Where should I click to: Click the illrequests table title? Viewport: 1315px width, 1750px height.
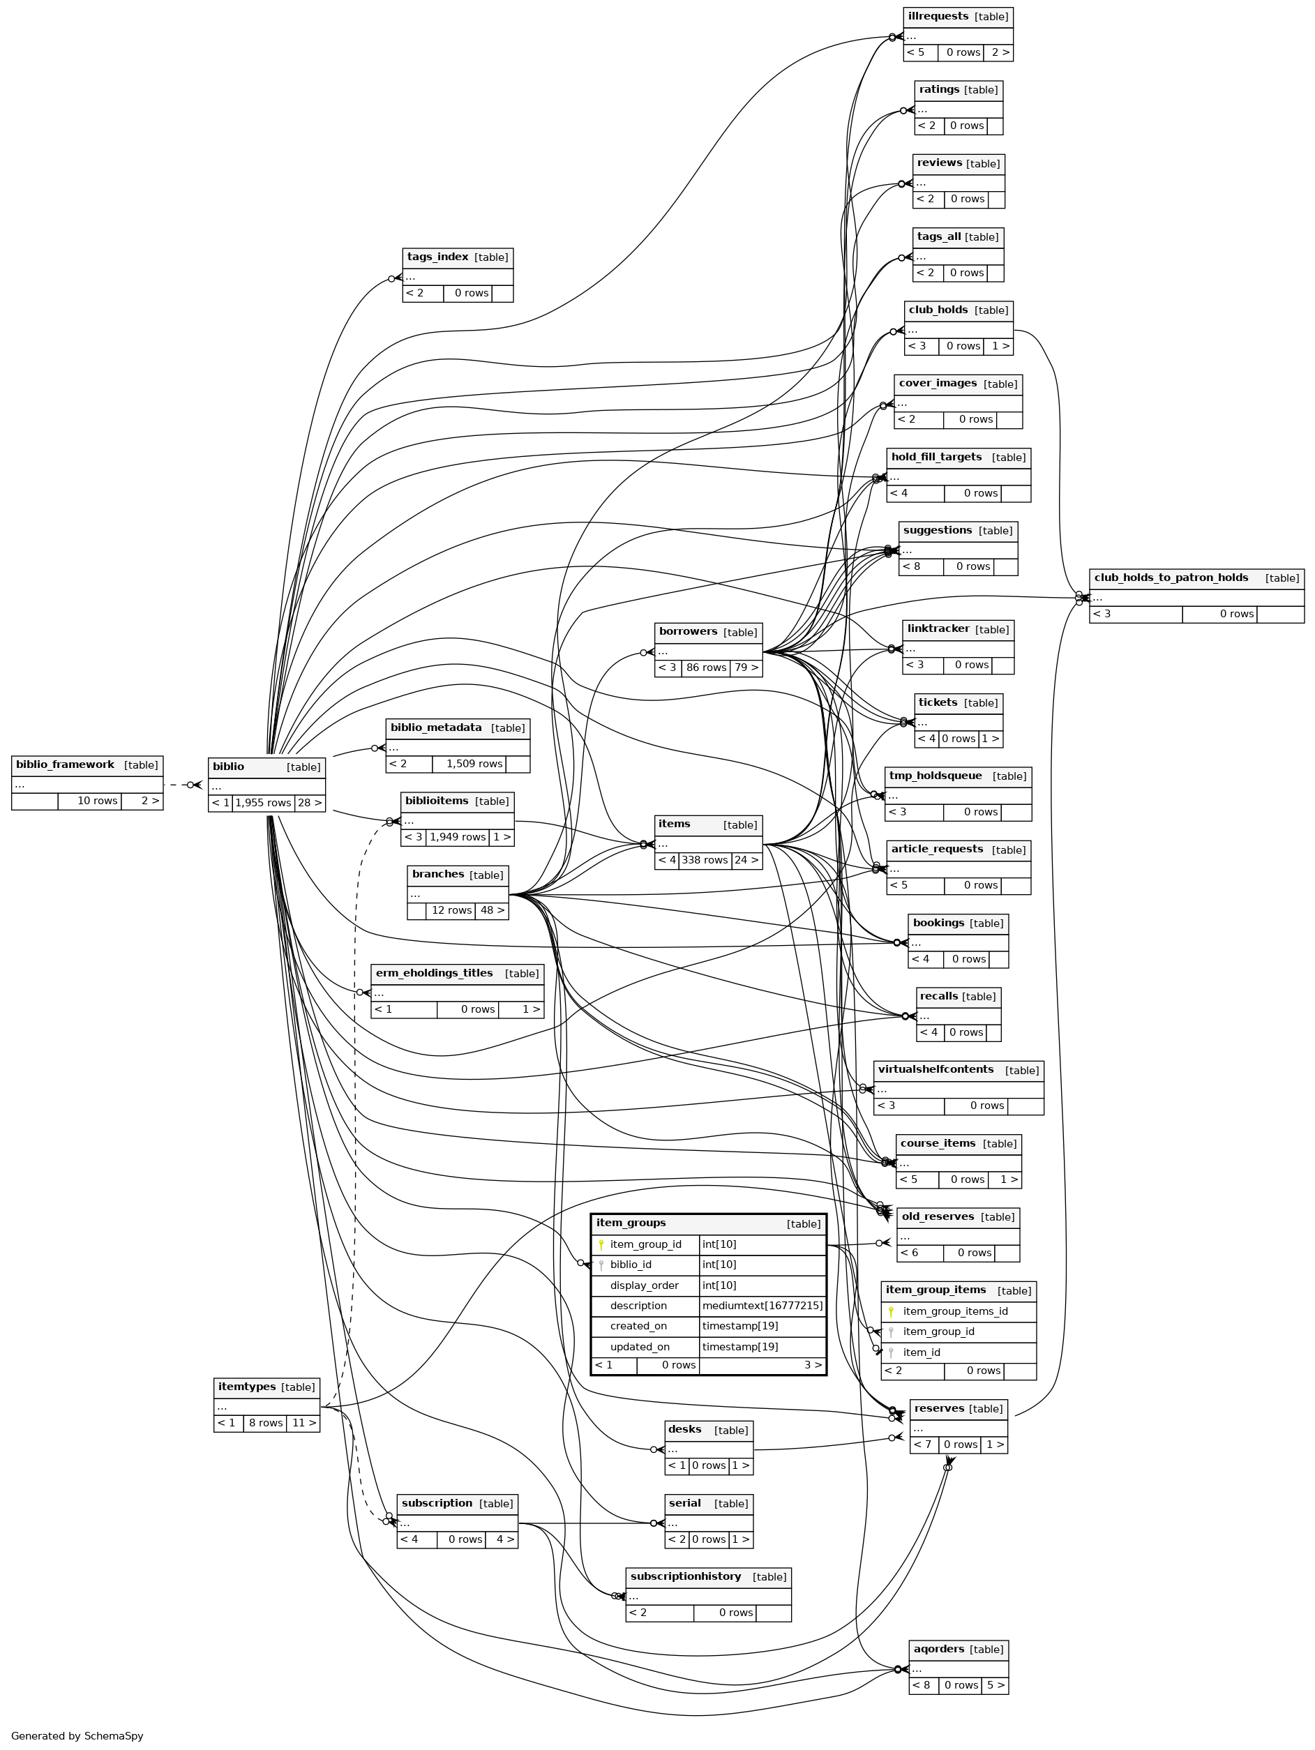pyautogui.click(x=938, y=17)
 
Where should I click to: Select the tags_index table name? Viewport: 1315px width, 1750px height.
pyautogui.click(x=437, y=257)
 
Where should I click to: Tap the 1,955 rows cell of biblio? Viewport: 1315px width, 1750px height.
pyautogui.click(x=263, y=802)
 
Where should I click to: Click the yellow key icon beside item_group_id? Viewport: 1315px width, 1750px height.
pyautogui.click(x=601, y=1244)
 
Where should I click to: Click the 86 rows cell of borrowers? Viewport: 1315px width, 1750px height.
pyautogui.click(x=706, y=667)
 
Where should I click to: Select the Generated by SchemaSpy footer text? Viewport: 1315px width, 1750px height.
pyautogui.click(x=77, y=1736)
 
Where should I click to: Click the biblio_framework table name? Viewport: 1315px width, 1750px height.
pyautogui.click(x=65, y=765)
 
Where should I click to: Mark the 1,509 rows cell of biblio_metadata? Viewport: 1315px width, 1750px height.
pyautogui.click(x=473, y=764)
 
